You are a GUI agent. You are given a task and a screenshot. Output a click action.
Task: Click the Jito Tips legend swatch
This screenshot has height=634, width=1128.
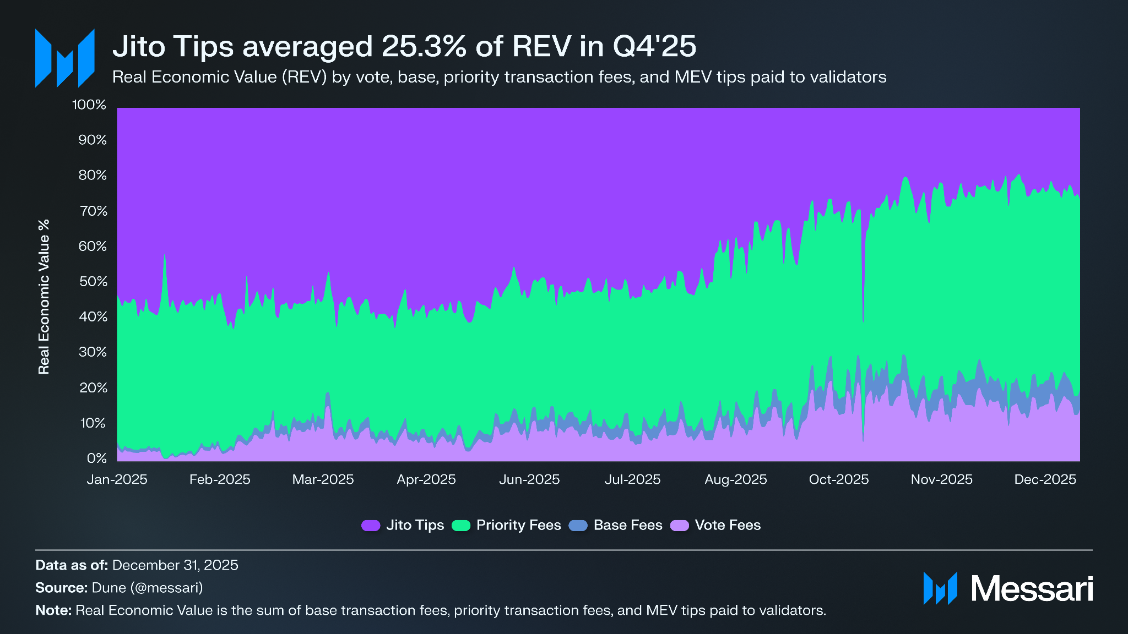(371, 526)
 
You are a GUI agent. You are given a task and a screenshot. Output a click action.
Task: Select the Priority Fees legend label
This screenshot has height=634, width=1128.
(518, 526)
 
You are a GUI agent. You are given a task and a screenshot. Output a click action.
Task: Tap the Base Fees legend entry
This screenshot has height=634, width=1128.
(627, 526)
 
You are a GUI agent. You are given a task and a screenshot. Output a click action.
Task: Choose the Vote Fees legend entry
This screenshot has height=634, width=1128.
(727, 526)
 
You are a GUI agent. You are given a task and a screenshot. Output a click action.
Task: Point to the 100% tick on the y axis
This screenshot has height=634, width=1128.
(89, 105)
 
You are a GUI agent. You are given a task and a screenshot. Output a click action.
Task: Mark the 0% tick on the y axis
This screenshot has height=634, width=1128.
(97, 458)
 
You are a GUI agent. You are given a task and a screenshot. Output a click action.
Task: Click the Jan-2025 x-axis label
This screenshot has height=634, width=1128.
(117, 480)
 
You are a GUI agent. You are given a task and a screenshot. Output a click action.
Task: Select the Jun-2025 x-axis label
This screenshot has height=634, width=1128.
(529, 480)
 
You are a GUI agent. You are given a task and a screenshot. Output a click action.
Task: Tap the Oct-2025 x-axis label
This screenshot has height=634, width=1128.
(838, 480)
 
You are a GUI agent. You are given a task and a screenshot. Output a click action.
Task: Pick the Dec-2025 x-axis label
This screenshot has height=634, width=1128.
(1045, 480)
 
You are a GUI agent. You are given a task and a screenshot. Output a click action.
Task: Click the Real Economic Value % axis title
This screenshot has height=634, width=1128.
(44, 297)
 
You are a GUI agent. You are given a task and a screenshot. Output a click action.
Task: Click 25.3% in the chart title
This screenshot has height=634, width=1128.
(424, 47)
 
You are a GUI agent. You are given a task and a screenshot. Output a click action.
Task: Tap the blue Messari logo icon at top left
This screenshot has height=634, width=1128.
(64, 58)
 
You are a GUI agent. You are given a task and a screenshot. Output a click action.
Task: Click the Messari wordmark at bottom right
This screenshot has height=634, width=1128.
(1031, 589)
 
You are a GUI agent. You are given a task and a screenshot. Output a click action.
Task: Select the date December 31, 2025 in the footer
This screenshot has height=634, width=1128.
(175, 565)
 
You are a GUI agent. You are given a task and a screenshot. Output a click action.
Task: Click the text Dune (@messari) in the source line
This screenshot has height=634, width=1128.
(147, 588)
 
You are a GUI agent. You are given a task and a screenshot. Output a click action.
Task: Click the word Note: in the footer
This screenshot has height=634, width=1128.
(53, 610)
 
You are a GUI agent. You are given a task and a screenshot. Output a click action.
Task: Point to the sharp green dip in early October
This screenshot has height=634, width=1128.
(863, 314)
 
